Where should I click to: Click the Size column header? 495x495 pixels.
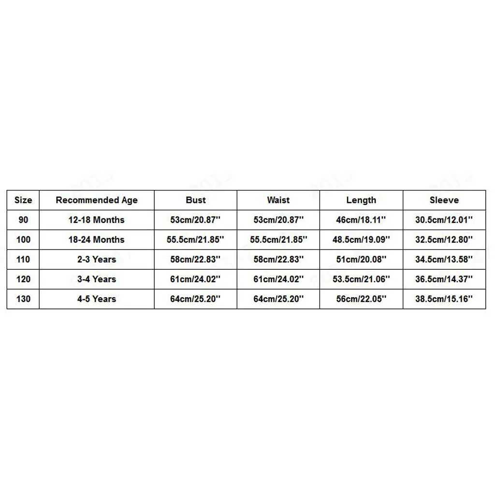click(x=23, y=200)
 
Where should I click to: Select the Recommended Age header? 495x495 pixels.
click(x=97, y=200)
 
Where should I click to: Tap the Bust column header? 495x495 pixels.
click(x=196, y=200)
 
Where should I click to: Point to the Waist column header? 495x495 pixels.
click(x=278, y=200)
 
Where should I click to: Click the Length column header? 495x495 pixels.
click(x=361, y=200)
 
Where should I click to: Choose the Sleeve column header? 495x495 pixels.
click(x=444, y=200)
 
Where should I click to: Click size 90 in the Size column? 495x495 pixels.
click(x=23, y=220)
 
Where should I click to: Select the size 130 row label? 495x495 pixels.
click(x=23, y=299)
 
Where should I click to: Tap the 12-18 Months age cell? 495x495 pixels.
click(x=97, y=220)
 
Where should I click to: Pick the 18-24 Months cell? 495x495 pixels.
click(x=97, y=240)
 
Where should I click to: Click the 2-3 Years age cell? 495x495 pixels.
click(x=97, y=260)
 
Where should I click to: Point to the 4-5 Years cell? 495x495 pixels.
click(x=97, y=299)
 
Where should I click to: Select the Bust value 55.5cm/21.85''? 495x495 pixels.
click(x=196, y=240)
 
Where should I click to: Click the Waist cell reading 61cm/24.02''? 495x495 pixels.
click(x=278, y=279)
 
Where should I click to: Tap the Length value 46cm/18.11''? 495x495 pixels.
click(x=361, y=220)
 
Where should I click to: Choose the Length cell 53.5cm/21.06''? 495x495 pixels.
click(x=361, y=279)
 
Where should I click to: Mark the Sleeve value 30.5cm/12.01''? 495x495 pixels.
click(x=444, y=220)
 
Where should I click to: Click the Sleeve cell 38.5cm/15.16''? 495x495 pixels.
click(x=444, y=299)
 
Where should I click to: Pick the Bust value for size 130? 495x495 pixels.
click(x=196, y=299)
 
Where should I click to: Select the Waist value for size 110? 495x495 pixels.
click(x=278, y=260)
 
